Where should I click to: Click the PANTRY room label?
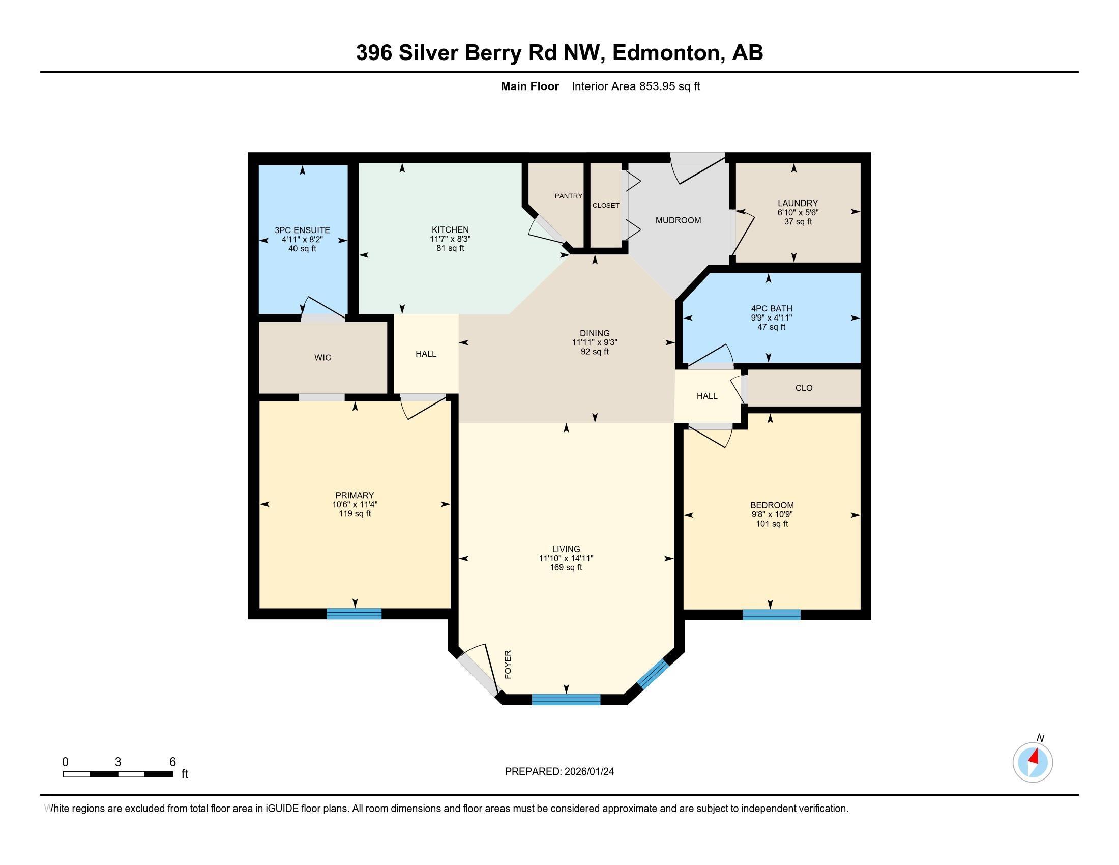568,196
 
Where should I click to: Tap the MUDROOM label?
678,220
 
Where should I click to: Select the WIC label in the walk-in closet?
322,358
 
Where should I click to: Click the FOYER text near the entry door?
508,665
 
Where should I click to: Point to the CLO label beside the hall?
803,388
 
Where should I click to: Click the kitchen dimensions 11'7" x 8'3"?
450,239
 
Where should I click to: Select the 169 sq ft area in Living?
566,568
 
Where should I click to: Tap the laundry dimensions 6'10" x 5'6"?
798,212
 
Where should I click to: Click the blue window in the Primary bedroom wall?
354,614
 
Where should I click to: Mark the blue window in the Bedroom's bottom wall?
771,615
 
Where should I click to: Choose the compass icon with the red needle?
1033,763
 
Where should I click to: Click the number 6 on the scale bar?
172,762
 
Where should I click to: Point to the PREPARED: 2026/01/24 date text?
559,772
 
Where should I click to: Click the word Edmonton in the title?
666,53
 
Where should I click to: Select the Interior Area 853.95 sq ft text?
635,86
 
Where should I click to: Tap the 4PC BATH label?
771,308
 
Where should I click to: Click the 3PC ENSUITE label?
302,230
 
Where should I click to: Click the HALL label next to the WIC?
426,354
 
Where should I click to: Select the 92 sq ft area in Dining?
594,352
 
